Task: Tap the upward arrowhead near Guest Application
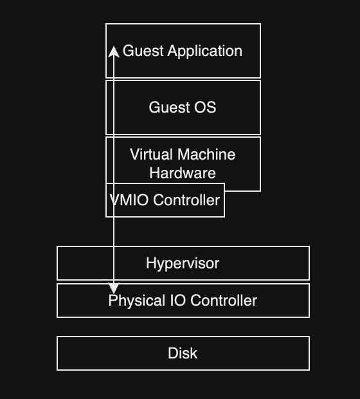[x=114, y=51]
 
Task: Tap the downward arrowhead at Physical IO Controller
[x=114, y=289]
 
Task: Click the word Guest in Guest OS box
[x=168, y=107]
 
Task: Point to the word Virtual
[x=151, y=155]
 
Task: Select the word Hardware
[x=183, y=173]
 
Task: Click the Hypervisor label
[x=183, y=263]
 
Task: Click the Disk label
[x=183, y=353]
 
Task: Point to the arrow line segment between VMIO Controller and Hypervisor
[x=114, y=232]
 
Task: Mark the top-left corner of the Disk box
[x=57, y=337]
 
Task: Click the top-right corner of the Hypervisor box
[x=309, y=246]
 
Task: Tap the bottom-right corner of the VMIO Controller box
[x=224, y=217]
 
